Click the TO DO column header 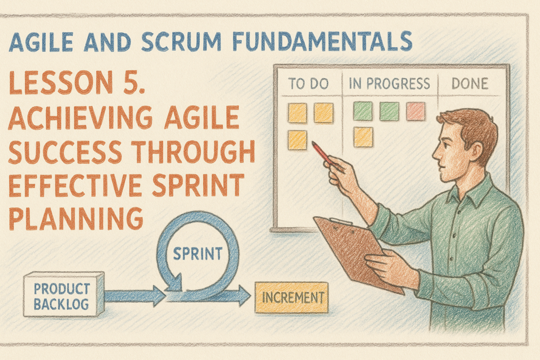[x=308, y=83]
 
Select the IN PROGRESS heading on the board [x=389, y=83]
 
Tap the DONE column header [x=470, y=83]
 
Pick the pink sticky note [x=416, y=111]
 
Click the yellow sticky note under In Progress [x=363, y=137]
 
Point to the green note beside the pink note [x=389, y=111]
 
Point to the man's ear [x=476, y=151]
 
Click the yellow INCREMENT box [x=291, y=298]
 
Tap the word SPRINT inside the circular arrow [x=197, y=254]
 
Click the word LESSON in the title [x=61, y=82]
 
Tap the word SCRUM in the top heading [x=181, y=42]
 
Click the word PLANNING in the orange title [x=76, y=218]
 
